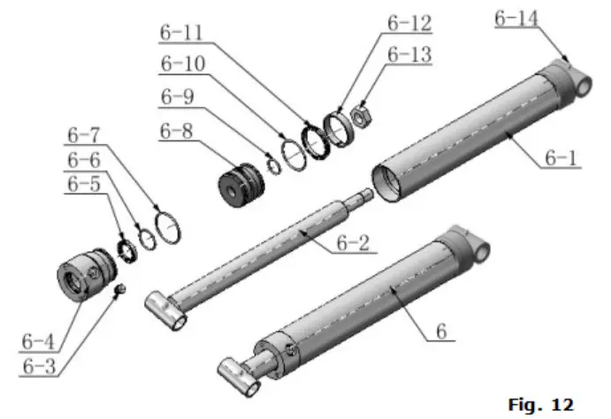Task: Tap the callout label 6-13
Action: (409, 56)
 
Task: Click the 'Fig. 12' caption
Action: (540, 404)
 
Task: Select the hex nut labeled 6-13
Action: (363, 113)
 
